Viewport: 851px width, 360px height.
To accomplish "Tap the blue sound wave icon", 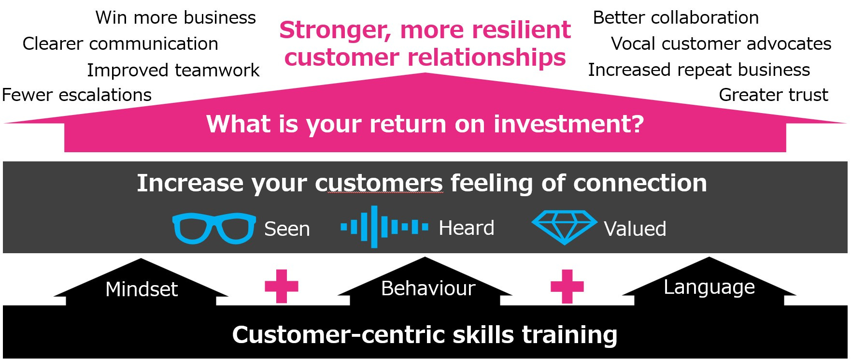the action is point(384,227).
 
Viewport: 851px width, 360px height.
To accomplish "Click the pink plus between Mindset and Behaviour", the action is point(282,286).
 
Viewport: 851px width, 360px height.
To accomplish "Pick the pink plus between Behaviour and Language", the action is point(567,286).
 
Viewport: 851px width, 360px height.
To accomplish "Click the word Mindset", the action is point(142,289).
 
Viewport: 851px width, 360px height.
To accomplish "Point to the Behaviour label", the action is point(428,288).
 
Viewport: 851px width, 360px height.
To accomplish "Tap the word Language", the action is point(709,287).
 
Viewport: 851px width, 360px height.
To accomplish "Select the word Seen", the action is point(287,229).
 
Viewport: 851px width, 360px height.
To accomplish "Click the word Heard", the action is point(466,228).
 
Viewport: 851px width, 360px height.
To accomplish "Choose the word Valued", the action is point(635,229).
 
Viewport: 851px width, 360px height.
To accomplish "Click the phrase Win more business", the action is point(176,18).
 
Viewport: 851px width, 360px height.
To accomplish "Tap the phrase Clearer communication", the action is point(120,44).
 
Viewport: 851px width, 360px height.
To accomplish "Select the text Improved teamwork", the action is point(173,71).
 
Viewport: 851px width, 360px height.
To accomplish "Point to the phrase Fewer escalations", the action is point(77,95).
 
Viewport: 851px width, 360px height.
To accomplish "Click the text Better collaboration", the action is point(676,18).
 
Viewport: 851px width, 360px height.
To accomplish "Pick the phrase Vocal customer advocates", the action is point(721,44).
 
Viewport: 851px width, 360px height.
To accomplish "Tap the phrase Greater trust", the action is point(773,95).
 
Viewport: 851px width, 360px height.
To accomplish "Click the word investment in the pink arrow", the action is point(568,124).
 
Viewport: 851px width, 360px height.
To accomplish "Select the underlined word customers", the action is point(379,183).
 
